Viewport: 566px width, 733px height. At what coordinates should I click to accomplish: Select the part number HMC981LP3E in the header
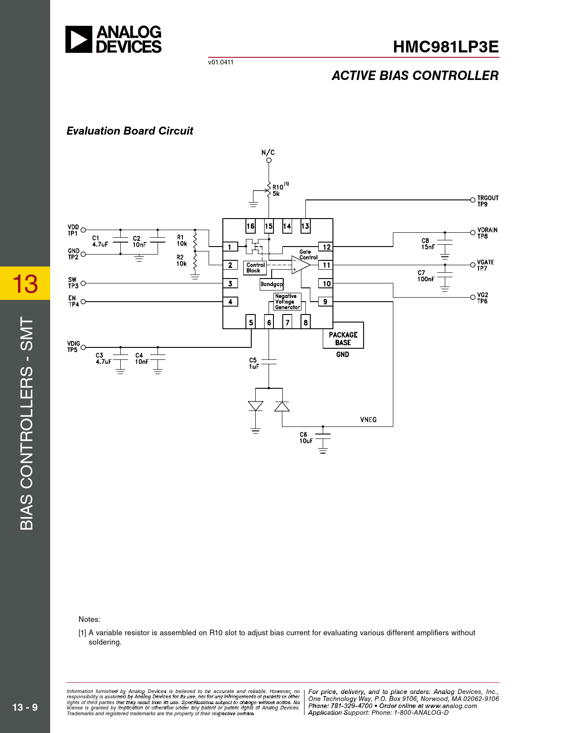[x=446, y=47]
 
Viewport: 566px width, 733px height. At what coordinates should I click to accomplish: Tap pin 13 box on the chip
[x=305, y=226]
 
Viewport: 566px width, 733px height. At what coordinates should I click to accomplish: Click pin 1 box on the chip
[x=230, y=247]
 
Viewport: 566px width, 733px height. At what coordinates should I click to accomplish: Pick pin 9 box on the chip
[x=325, y=302]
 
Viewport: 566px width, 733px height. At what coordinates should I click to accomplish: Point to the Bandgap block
[x=271, y=284]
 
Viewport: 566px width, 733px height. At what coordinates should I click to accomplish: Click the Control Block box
[x=255, y=267]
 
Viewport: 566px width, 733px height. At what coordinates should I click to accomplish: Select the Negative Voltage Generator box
[x=287, y=302]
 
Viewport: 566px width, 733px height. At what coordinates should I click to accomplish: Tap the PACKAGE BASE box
[x=343, y=339]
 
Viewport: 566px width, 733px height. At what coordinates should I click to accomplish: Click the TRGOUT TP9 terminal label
[x=487, y=201]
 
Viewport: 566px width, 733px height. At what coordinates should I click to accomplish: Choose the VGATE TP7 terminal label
[x=485, y=265]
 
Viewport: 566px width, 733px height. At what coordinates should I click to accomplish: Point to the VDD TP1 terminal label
[x=73, y=230]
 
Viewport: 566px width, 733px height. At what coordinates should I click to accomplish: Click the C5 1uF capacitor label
[x=253, y=363]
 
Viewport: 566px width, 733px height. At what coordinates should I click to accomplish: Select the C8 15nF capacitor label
[x=427, y=244]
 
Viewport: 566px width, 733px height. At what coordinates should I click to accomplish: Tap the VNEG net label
[x=368, y=420]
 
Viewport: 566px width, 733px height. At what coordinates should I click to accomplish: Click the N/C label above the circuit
[x=268, y=152]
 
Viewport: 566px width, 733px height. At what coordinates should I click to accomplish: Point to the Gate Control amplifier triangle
[x=300, y=265]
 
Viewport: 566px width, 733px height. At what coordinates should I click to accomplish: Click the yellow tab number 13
[x=25, y=283]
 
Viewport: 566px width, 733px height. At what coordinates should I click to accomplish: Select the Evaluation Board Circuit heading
[x=130, y=131]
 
